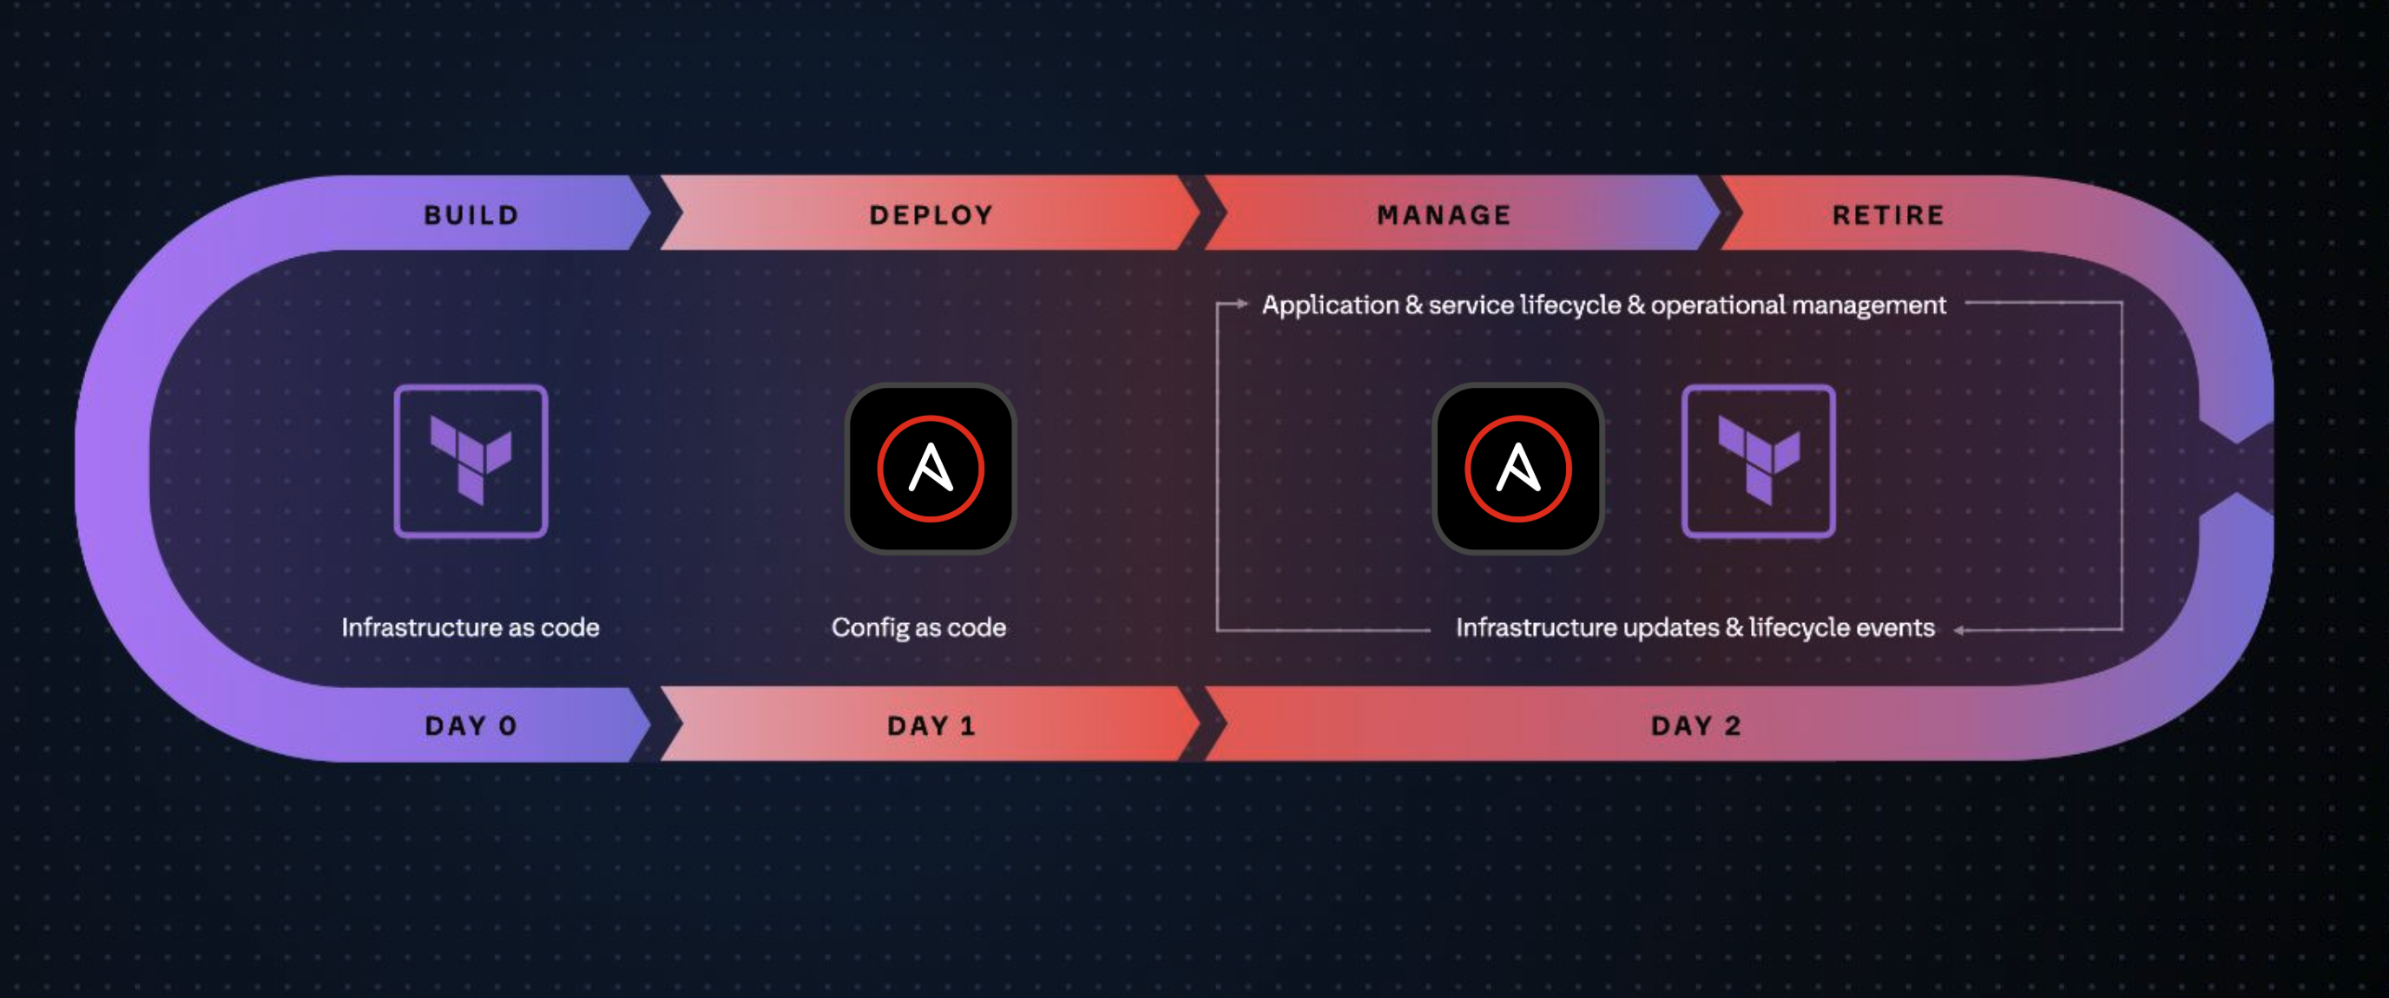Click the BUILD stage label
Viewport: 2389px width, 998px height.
(471, 215)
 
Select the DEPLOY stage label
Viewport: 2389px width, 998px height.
(931, 215)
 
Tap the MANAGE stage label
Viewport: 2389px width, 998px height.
(1444, 215)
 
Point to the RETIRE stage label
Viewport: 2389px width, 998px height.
(1888, 215)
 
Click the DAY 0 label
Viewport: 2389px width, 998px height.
(471, 726)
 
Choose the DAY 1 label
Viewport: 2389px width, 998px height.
(931, 726)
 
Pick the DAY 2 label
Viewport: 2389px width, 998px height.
(1695, 726)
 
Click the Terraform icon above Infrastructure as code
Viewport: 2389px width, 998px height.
(471, 461)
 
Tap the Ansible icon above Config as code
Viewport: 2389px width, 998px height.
(931, 469)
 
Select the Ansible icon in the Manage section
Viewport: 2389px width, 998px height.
(1518, 469)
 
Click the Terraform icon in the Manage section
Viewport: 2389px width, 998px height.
(1759, 461)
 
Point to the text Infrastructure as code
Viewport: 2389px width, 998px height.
(471, 628)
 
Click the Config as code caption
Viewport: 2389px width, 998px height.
(918, 628)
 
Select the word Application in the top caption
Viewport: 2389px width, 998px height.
(1330, 305)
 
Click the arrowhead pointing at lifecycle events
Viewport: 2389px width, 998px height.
(1958, 630)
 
